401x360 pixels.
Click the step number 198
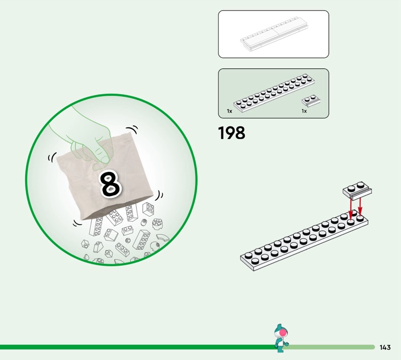tap(232, 133)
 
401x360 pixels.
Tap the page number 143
tap(385, 347)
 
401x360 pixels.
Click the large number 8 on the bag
tap(110, 184)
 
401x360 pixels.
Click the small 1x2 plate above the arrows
tap(357, 191)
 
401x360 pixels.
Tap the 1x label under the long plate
tap(230, 111)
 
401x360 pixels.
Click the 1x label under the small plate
tap(304, 111)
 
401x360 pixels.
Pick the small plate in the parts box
tap(311, 101)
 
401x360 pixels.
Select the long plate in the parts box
tap(274, 93)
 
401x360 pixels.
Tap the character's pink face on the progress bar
tap(283, 332)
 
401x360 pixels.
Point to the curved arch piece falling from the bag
tap(163, 238)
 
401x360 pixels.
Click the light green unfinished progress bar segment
tap(330, 347)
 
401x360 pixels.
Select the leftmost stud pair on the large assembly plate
tap(252, 258)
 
